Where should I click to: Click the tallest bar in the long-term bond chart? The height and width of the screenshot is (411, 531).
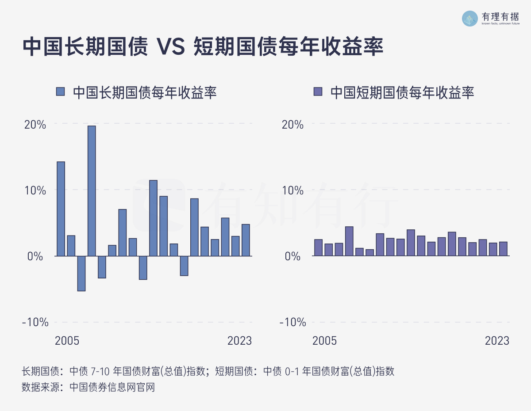92,191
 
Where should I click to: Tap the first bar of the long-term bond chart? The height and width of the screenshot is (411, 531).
61,209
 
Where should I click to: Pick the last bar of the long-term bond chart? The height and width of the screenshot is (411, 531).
246,240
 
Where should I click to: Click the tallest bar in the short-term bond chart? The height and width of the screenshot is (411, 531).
349,241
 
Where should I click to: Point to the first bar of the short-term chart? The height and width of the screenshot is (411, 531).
318,247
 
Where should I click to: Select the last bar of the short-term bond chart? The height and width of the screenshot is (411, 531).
503,249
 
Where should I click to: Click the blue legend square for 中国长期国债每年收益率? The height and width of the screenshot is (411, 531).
61,92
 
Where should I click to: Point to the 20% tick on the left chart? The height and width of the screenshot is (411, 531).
35,125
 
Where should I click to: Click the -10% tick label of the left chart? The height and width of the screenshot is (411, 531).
35,322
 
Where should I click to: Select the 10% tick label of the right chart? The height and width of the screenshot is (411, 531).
293,190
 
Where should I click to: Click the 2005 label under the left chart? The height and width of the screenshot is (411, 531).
67,341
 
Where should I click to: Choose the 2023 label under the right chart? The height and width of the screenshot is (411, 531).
497,341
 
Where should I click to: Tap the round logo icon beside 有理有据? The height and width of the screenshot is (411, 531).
470,19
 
